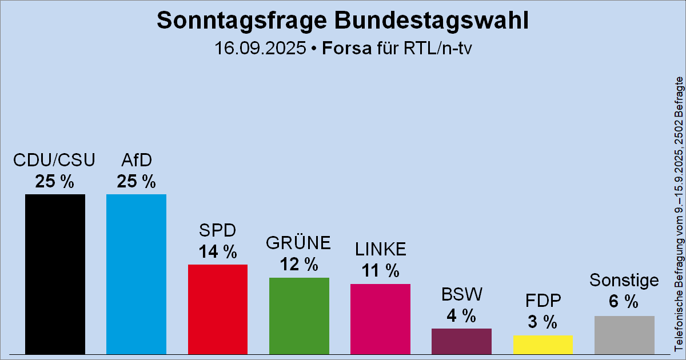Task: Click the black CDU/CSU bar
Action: coord(55,274)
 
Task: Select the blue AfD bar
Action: coord(136,274)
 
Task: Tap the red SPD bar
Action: coord(218,309)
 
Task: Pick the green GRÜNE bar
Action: coord(299,315)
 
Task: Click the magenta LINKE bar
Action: coord(380,318)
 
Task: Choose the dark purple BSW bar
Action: coord(461,341)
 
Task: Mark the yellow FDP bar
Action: coord(543,345)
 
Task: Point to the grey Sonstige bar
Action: coord(624,335)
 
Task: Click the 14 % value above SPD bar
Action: coord(218,251)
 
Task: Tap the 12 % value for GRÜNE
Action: coord(299,264)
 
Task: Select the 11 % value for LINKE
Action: coord(380,270)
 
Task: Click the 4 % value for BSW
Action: coord(461,315)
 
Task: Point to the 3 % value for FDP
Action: coord(543,322)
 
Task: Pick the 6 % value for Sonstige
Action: coord(624,302)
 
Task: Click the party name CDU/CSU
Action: coord(55,160)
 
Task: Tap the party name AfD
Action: coord(136,160)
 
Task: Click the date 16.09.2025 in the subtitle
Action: coord(260,48)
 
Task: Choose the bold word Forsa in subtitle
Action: coord(346,48)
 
